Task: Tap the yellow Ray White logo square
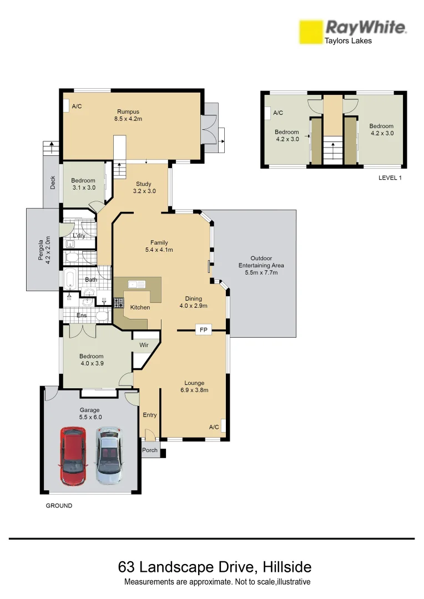(x=311, y=32)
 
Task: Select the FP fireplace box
(x=203, y=330)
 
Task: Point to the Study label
(x=143, y=184)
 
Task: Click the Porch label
(x=150, y=450)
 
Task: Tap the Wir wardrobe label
(x=144, y=345)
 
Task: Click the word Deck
(x=53, y=182)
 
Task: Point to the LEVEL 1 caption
(x=389, y=177)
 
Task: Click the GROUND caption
(x=59, y=506)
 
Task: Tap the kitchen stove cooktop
(x=118, y=303)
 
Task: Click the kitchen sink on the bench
(x=137, y=285)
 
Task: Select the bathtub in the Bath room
(x=71, y=279)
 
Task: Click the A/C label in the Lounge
(x=214, y=427)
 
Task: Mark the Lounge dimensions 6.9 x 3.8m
(x=194, y=390)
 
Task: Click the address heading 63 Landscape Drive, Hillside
(x=215, y=567)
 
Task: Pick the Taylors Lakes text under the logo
(x=348, y=40)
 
